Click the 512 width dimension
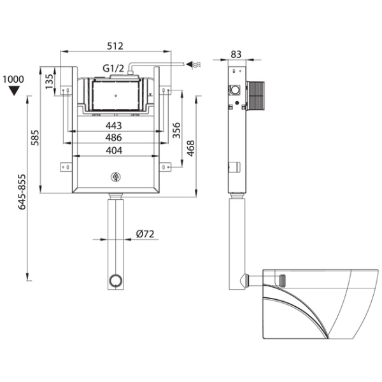tap(115, 46)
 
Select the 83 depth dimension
tap(236, 54)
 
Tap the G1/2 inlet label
tap(113, 69)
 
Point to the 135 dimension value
tap(49, 81)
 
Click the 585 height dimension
tap(35, 138)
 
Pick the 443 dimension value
tap(113, 125)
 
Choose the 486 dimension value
tap(113, 138)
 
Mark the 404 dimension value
tap(114, 150)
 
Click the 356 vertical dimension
tap(176, 131)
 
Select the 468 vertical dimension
tap(191, 148)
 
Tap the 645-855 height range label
tap(22, 192)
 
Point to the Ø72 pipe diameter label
tap(145, 234)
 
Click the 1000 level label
tap(13, 80)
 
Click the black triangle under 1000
tap(13, 90)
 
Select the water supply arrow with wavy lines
tap(194, 64)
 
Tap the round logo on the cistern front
tap(116, 177)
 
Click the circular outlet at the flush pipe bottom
tap(115, 280)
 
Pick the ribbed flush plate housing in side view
tap(255, 95)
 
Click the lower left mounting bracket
tap(66, 167)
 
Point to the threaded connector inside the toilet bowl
tap(282, 280)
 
